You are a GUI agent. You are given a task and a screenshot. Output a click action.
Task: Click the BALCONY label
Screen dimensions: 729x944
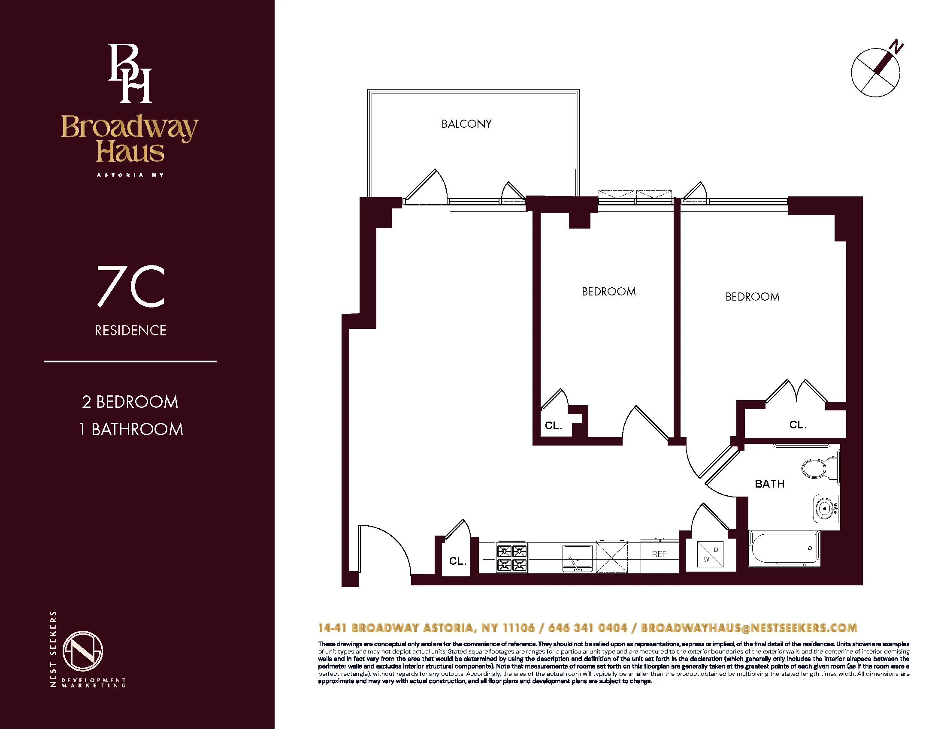tap(466, 124)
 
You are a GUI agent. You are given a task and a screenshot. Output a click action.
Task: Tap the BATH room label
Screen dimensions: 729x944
tap(769, 484)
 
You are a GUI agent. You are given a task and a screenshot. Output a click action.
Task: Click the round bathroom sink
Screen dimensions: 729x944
tap(826, 508)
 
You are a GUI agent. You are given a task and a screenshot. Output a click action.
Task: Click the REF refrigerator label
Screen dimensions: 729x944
tap(659, 554)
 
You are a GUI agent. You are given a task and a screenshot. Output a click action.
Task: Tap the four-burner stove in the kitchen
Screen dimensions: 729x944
tap(512, 557)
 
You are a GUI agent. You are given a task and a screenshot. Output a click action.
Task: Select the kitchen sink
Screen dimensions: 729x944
tap(577, 558)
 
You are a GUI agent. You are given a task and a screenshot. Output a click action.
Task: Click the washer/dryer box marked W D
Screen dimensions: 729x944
tap(710, 554)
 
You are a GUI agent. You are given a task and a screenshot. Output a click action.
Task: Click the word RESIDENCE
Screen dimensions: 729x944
tap(130, 331)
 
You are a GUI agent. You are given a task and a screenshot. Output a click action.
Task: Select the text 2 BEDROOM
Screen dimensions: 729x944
tap(130, 402)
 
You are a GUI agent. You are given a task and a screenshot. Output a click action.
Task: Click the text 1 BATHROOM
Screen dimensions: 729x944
tap(131, 429)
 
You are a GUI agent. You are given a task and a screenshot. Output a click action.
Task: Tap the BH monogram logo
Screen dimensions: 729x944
tap(130, 73)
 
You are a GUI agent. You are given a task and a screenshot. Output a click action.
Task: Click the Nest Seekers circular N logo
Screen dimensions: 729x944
tap(82, 651)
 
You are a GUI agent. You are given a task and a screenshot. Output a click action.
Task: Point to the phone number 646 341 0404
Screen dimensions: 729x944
tap(587, 628)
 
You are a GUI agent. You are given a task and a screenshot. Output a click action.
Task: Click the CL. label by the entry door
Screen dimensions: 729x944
tap(457, 561)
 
